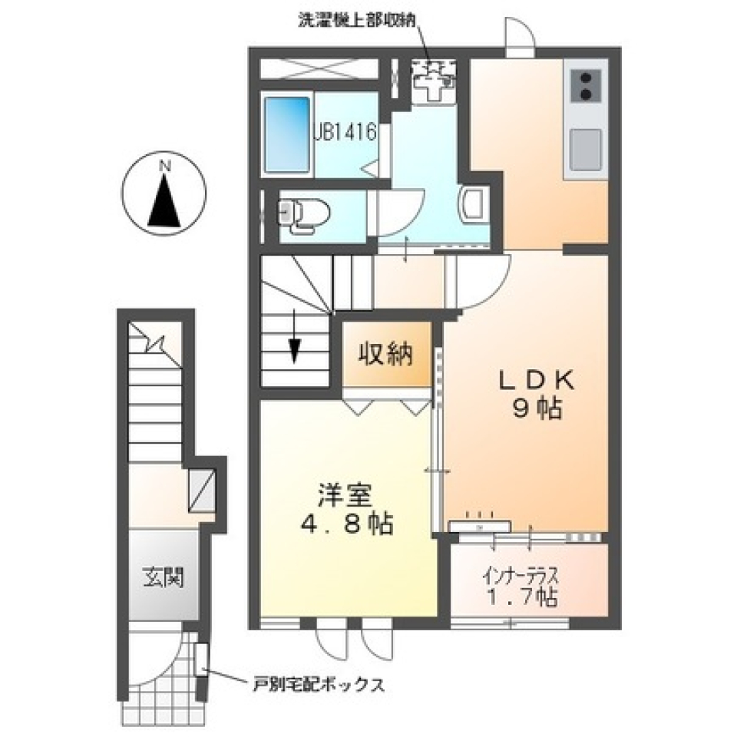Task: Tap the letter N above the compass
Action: click(164, 166)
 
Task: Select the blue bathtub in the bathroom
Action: click(288, 135)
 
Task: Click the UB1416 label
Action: click(345, 132)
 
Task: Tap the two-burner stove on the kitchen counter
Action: click(586, 86)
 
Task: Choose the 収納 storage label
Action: click(386, 354)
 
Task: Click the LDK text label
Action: click(537, 382)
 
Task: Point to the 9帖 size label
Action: click(537, 410)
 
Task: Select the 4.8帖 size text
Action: click(347, 524)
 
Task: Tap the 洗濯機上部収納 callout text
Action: click(359, 21)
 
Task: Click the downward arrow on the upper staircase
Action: click(294, 336)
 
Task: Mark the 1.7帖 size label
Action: click(522, 597)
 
